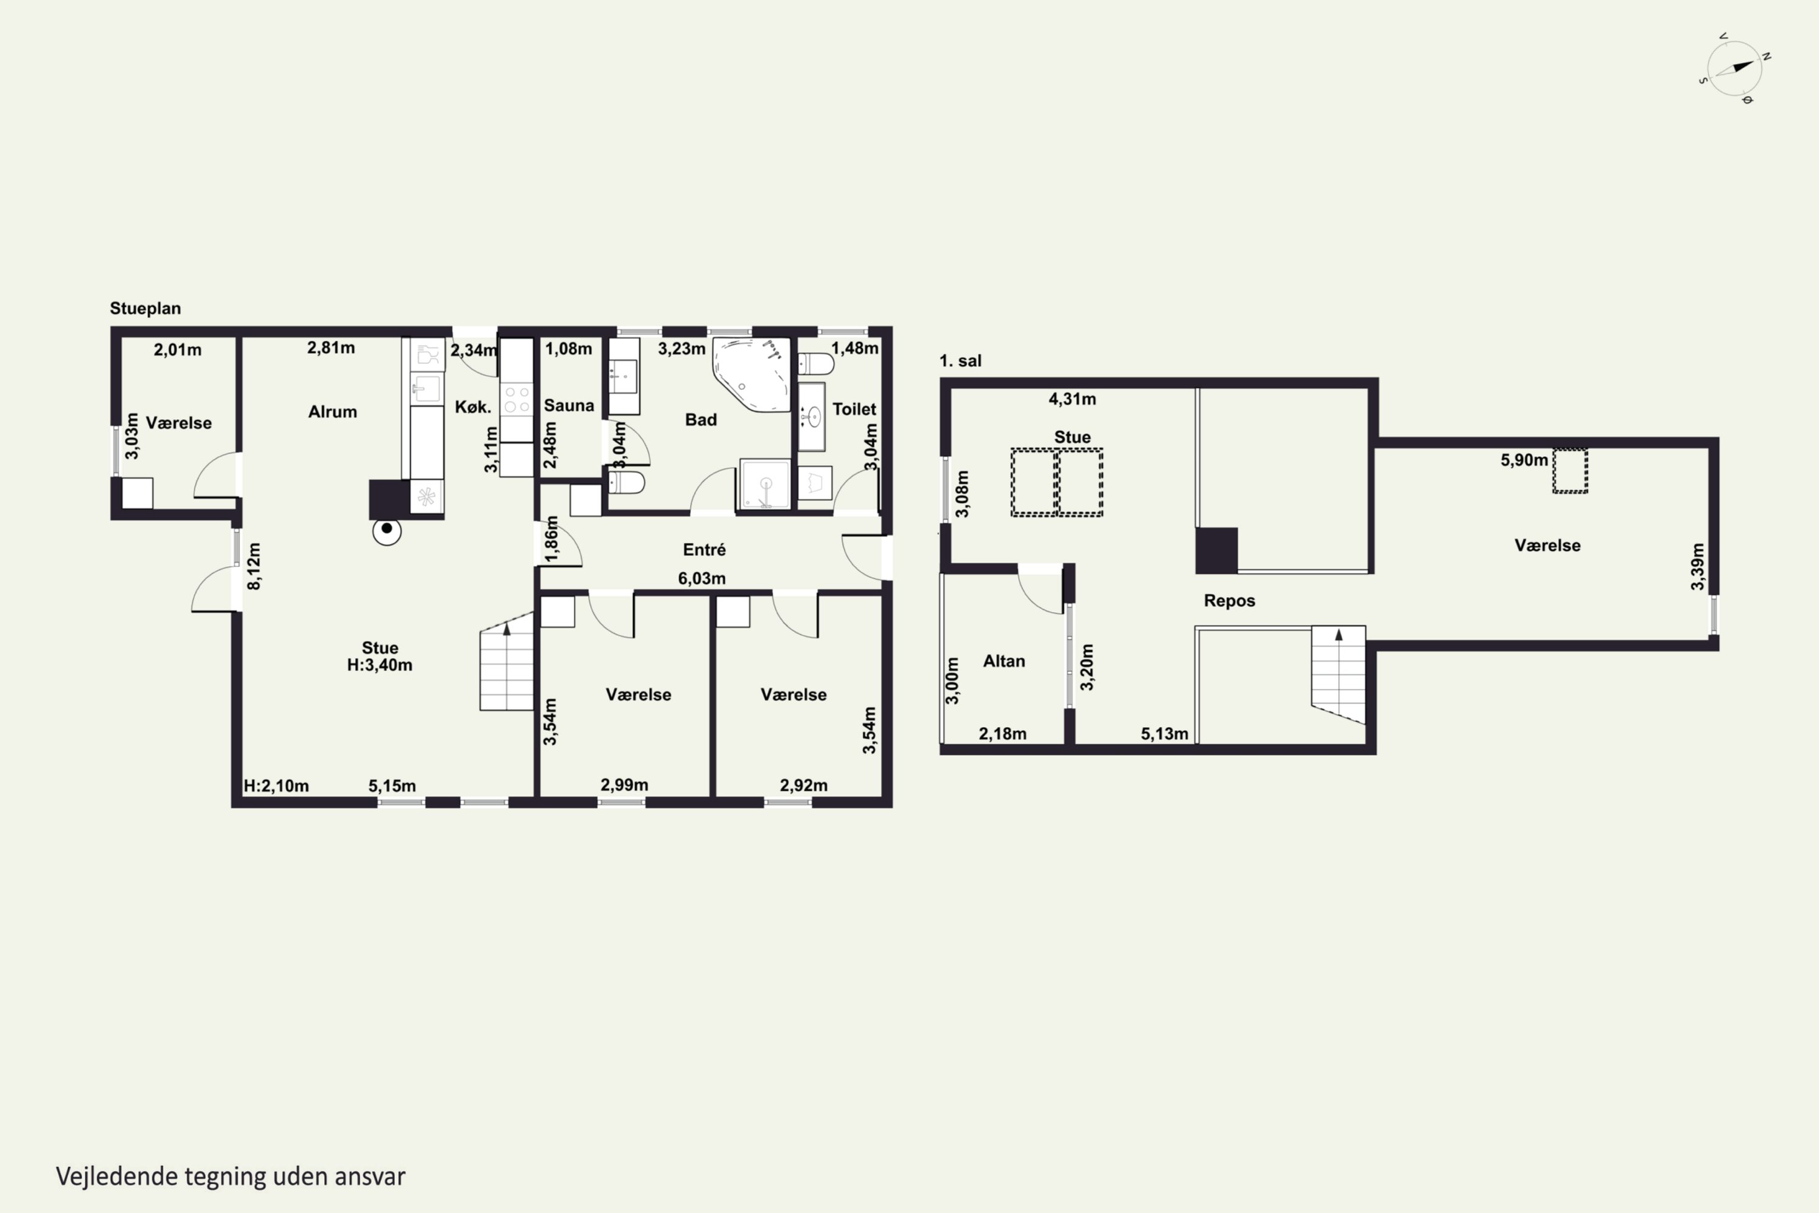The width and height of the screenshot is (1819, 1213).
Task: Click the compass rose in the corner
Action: [1735, 68]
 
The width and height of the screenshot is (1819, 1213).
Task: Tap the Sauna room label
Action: [569, 405]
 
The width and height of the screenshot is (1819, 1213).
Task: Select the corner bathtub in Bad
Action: [751, 374]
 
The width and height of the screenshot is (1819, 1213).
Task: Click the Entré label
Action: [704, 549]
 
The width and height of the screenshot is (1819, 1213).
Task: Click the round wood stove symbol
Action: [387, 531]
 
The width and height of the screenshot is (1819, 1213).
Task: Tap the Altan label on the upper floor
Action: [1004, 660]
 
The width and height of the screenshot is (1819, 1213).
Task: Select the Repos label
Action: [1229, 600]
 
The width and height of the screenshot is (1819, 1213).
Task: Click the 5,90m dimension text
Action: [1524, 460]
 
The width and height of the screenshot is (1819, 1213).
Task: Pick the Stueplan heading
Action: [146, 308]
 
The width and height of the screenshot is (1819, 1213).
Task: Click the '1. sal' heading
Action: [960, 360]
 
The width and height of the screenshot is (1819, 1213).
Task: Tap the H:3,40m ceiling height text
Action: [379, 665]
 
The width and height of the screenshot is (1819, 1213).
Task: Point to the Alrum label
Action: [332, 412]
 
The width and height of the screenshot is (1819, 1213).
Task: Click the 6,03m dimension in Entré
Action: [702, 578]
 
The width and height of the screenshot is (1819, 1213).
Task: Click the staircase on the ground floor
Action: [506, 662]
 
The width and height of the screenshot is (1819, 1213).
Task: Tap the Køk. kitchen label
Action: [472, 407]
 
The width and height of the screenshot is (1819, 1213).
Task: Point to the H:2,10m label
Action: [276, 786]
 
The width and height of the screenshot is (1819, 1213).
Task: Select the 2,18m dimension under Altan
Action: [1002, 733]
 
